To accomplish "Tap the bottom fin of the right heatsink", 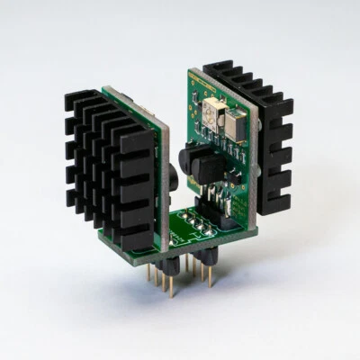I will pyautogui.click(x=275, y=205).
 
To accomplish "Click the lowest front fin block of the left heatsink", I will pyautogui.click(x=136, y=236).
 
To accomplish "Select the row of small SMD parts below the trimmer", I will pyautogui.click(x=220, y=148).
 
